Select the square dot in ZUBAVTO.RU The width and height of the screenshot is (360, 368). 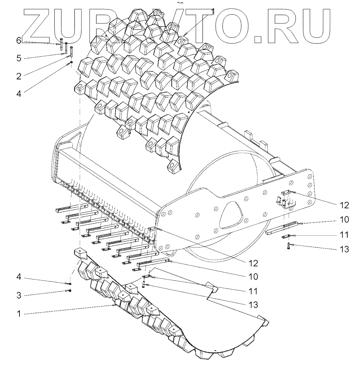tap(259, 39)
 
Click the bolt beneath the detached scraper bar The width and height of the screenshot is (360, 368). tap(289, 246)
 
